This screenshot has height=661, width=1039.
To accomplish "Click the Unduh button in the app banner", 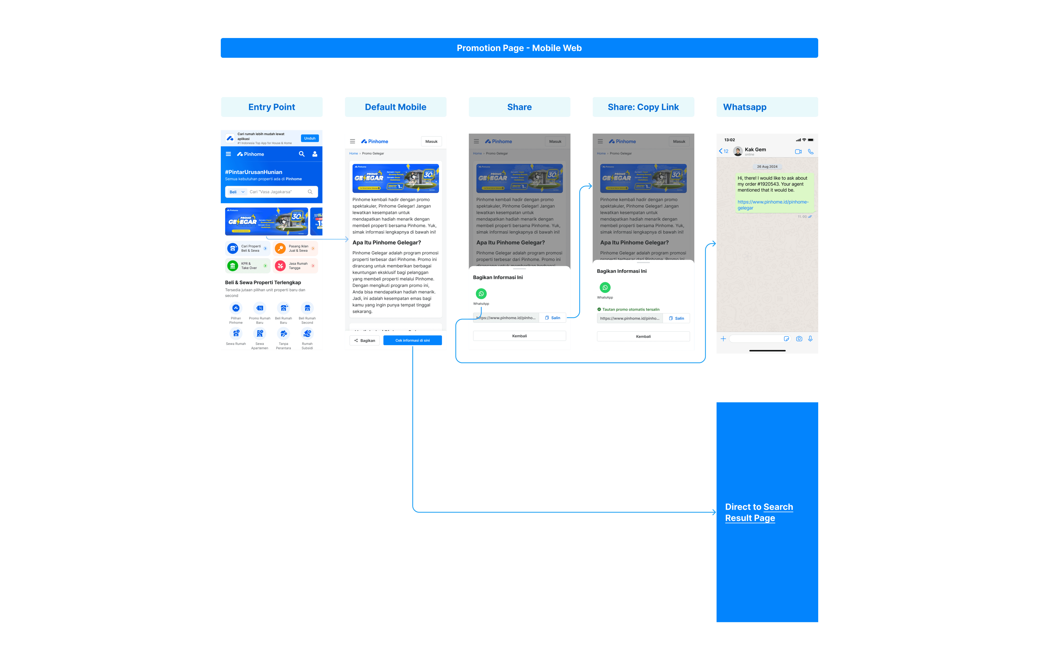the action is click(309, 138).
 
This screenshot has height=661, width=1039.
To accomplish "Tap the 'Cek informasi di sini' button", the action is click(413, 341).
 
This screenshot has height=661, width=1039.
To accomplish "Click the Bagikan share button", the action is click(365, 341).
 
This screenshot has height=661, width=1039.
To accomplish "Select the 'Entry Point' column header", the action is click(271, 107).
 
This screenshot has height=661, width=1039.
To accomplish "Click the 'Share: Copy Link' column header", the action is click(643, 107).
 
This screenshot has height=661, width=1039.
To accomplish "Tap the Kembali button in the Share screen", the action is click(519, 336).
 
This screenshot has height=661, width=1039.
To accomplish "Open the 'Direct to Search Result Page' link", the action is click(759, 512).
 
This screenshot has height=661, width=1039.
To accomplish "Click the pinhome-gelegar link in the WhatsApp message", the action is click(772, 205).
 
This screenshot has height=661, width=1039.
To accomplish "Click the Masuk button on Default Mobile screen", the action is click(431, 141).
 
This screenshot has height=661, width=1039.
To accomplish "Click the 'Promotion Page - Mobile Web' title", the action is click(519, 48).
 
